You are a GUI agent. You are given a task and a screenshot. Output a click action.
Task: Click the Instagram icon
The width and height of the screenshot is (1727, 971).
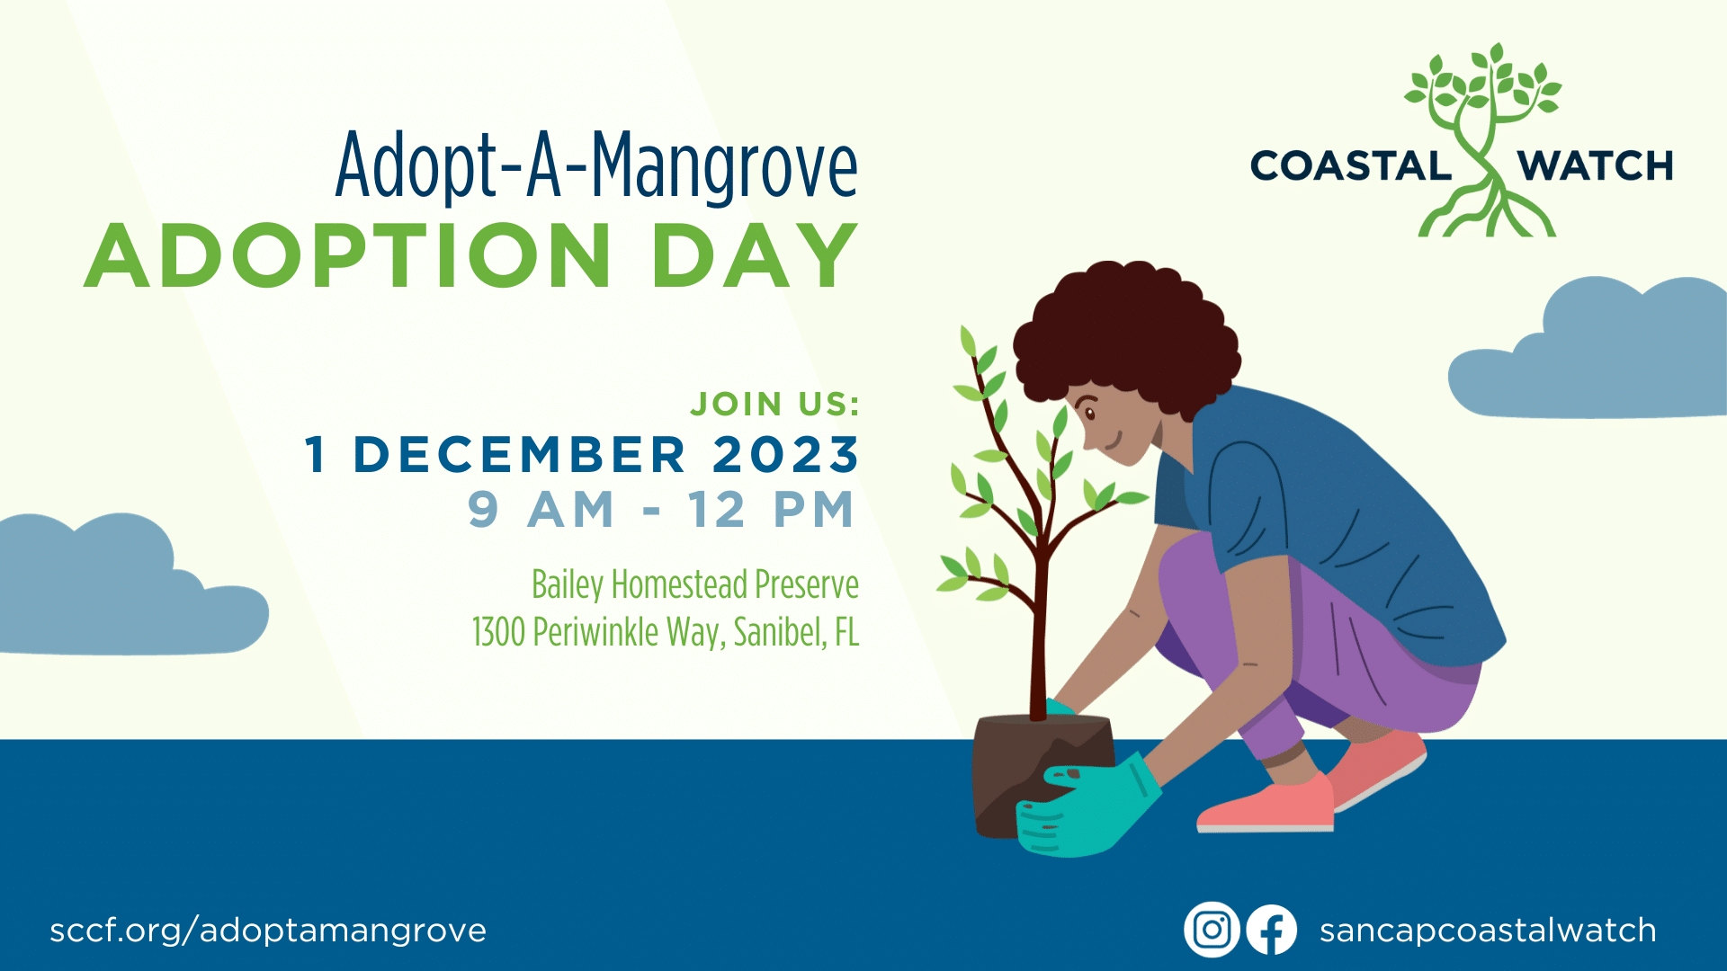click(1212, 930)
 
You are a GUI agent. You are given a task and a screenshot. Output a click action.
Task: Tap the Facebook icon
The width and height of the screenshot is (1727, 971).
click(1271, 930)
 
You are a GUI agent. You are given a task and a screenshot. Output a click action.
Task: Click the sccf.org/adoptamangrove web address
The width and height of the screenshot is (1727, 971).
click(268, 931)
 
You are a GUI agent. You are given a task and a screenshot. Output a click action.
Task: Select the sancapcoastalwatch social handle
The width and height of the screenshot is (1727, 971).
click(1488, 931)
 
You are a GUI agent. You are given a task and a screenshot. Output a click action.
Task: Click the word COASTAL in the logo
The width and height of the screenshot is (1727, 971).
click(1351, 166)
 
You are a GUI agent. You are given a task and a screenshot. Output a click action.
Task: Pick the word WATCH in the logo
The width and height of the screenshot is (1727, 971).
click(1595, 166)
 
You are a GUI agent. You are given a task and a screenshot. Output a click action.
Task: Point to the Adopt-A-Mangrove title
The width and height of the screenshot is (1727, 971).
click(596, 165)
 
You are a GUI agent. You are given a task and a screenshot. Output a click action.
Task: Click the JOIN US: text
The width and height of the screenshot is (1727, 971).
click(775, 404)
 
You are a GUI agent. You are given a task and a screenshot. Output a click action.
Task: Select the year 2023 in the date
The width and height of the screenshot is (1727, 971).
click(786, 454)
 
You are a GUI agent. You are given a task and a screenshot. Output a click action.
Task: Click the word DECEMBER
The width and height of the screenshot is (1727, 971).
click(520, 454)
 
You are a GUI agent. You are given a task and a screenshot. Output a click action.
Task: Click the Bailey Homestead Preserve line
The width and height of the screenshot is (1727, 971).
click(695, 585)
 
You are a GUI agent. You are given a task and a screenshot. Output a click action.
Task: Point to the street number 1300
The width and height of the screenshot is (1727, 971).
click(498, 632)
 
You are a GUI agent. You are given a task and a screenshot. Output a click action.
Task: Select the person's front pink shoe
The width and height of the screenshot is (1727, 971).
click(1266, 805)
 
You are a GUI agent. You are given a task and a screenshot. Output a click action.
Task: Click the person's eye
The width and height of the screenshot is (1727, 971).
click(1089, 414)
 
